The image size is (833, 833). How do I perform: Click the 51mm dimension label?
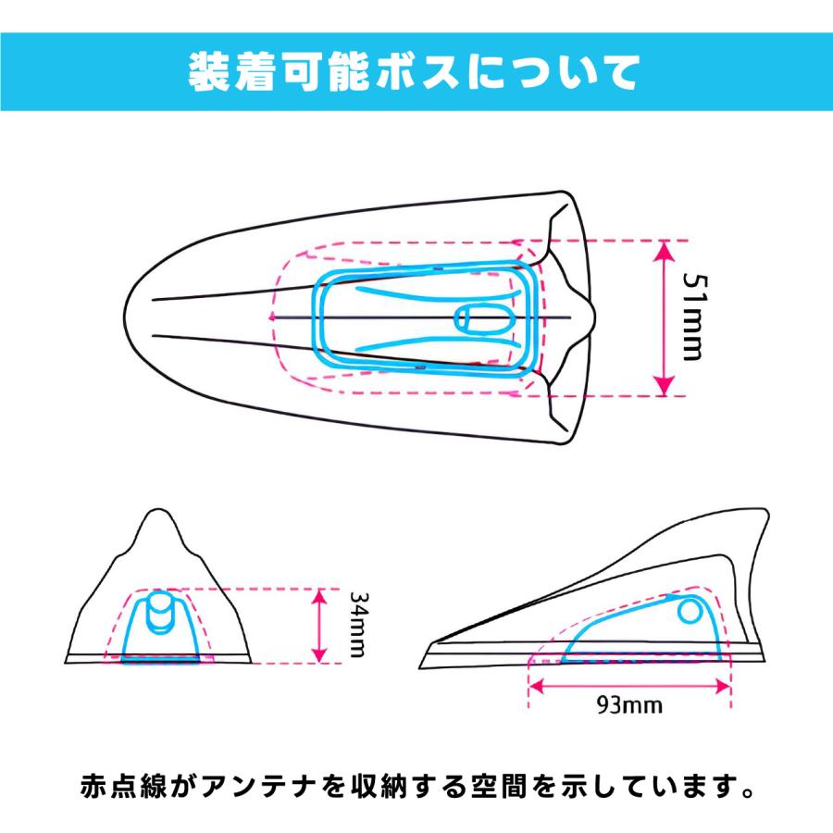click(695, 317)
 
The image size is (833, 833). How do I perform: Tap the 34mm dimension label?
click(357, 624)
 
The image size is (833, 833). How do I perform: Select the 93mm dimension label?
click(629, 705)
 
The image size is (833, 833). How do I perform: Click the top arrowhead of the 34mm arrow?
click(318, 597)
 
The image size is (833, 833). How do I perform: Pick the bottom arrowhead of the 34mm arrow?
click(318, 654)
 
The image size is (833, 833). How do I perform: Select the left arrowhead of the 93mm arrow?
click(537, 687)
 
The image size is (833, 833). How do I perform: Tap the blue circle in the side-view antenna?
click(690, 612)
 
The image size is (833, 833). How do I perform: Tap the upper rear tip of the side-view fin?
click(766, 511)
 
